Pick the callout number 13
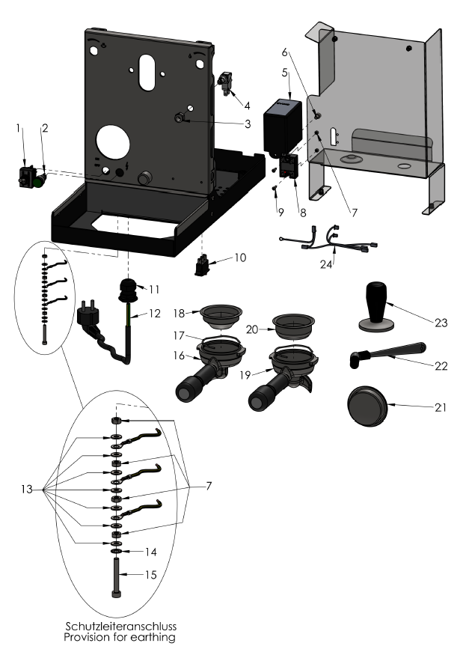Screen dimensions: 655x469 click(x=26, y=490)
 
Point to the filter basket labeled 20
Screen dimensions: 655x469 click(x=291, y=323)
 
